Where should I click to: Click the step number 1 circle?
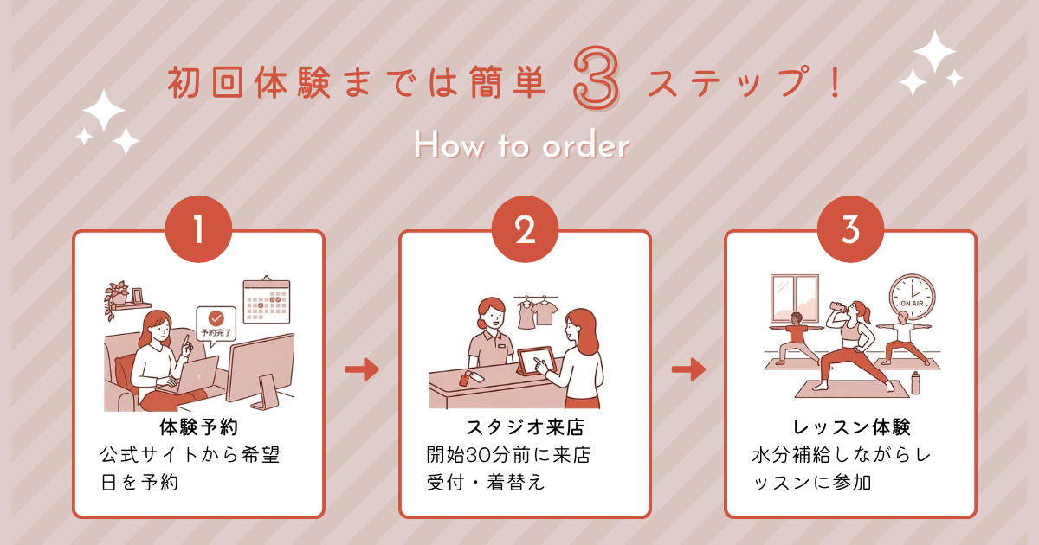(198, 229)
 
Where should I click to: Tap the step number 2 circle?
(525, 229)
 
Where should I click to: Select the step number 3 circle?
(850, 229)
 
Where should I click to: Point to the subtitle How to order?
(520, 146)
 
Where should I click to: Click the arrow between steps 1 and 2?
(362, 370)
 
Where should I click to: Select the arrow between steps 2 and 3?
(688, 370)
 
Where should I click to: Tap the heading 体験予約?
(198, 426)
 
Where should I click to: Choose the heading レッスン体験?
(851, 426)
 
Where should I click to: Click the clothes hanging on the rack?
(534, 312)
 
